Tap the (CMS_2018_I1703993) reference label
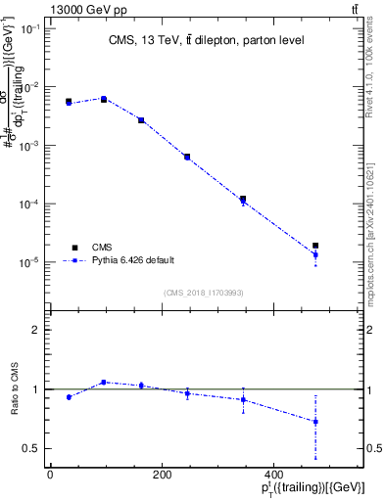click(x=204, y=291)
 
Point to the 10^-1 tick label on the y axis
click(x=30, y=28)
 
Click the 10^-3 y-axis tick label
click(x=30, y=146)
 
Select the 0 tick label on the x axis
click(x=50, y=476)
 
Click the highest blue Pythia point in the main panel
click(x=104, y=99)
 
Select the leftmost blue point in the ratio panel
click(x=69, y=397)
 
